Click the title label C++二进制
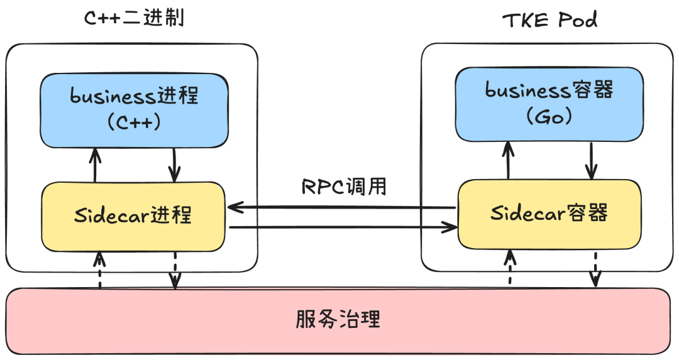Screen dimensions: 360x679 tap(134, 18)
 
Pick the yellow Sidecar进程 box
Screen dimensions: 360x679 tap(133, 215)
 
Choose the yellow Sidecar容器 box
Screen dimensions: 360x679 tap(549, 213)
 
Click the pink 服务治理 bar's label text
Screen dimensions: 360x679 tap(338, 319)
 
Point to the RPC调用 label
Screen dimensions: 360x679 tap(343, 186)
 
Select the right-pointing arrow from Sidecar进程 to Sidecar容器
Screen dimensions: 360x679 tap(343, 227)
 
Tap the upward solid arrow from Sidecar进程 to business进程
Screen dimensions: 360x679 tap(95, 165)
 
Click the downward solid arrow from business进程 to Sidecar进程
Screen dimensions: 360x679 tap(174, 165)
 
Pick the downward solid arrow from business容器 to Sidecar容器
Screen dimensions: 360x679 tap(591, 160)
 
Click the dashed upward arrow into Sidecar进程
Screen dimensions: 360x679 tap(99, 270)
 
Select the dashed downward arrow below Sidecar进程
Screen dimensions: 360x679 tap(175, 270)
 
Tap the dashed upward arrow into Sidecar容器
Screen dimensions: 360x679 tap(511, 266)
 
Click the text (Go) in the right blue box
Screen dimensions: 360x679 tap(549, 117)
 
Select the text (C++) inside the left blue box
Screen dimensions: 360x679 tap(134, 122)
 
